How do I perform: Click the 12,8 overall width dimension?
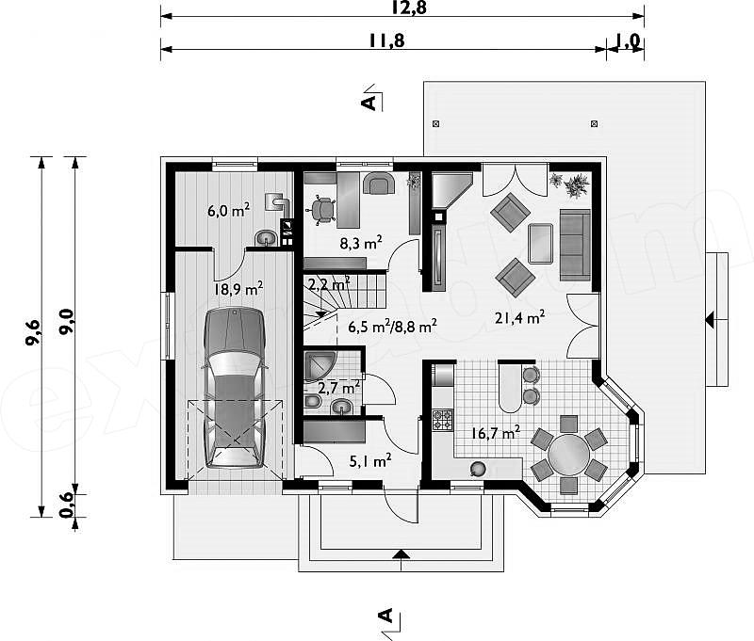coord(409,8)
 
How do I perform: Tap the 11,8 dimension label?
coord(387,40)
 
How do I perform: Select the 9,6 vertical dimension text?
coord(34,331)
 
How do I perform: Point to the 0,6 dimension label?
coord(67,505)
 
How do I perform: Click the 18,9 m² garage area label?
coord(238,289)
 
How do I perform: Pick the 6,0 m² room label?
coord(228,210)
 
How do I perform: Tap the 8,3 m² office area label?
coord(361,243)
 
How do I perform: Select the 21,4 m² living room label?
coord(520,317)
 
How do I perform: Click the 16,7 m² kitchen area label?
coord(495,433)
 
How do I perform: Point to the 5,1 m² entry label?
coord(369,461)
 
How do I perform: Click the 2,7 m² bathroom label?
coord(339,387)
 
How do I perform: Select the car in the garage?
coord(235,388)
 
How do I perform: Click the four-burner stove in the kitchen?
coord(442,420)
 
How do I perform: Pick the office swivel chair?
coord(321,210)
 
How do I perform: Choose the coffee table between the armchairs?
coord(540,243)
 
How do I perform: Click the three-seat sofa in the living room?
coord(575,245)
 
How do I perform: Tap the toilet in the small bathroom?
coord(312,401)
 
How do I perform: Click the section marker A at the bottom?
coord(387,617)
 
